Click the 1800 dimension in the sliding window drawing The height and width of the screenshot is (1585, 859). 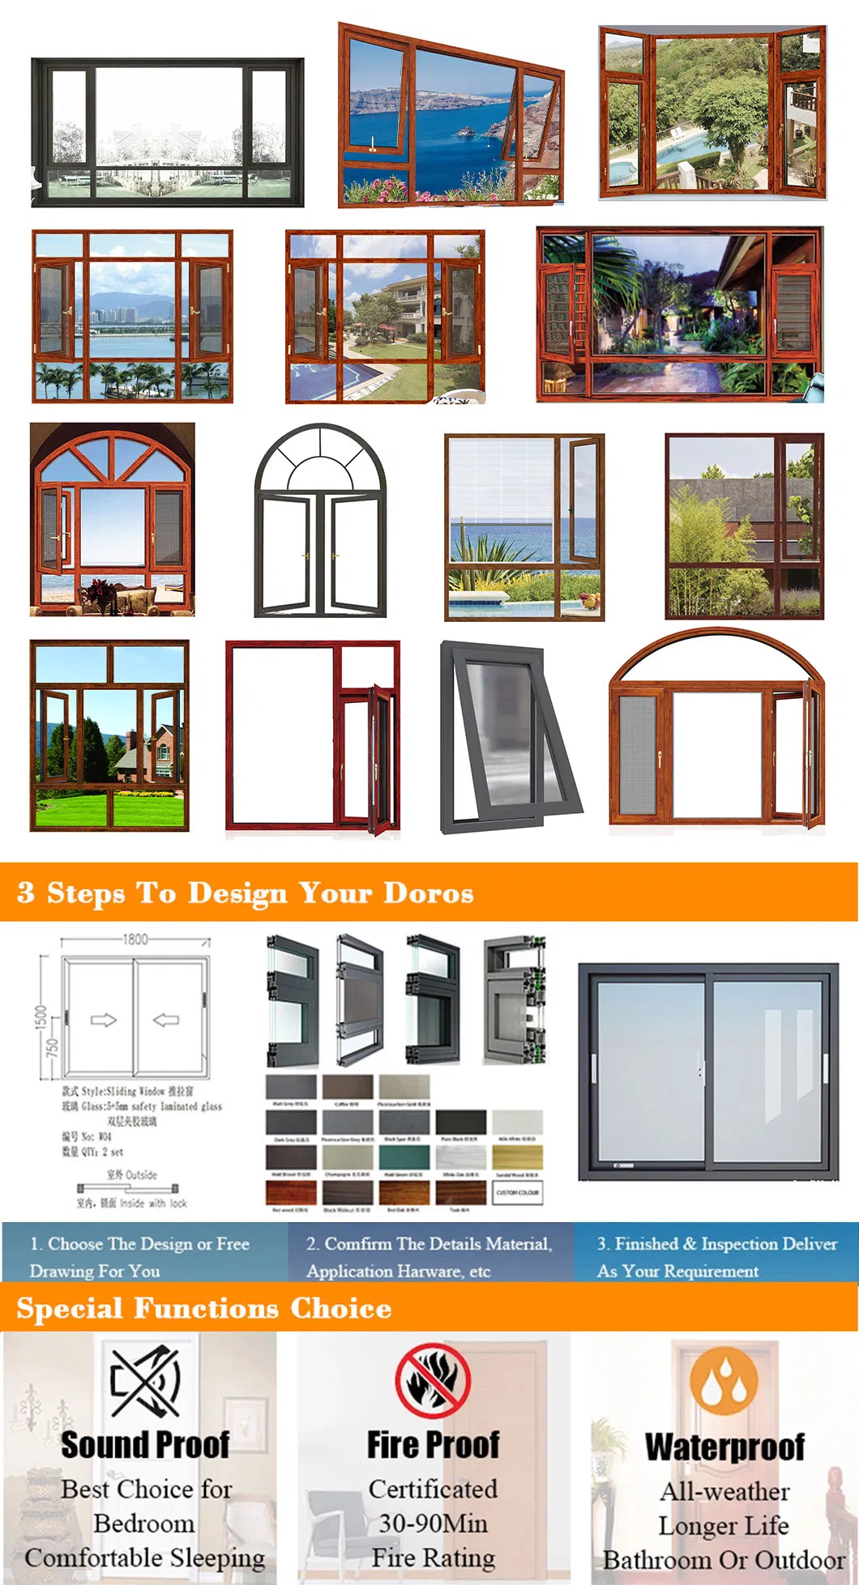coord(135,939)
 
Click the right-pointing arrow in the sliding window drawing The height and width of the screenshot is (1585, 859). coord(103,1020)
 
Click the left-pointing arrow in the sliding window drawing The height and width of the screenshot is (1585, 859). coord(166,1020)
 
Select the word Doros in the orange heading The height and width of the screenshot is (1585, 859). coord(428,893)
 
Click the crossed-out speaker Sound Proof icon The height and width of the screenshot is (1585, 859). coord(146,1382)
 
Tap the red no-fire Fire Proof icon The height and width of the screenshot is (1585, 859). coord(433,1382)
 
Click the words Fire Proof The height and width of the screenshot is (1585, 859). coord(433,1444)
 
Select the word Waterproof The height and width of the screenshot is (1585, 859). coord(724,1447)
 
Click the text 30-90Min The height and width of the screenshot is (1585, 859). coord(433,1523)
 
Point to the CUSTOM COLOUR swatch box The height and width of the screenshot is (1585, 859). coord(517,1192)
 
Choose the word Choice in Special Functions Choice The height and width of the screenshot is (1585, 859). coord(340,1309)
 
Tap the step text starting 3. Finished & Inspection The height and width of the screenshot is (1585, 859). coord(716,1244)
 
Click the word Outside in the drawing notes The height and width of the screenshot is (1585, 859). coord(142,1174)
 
